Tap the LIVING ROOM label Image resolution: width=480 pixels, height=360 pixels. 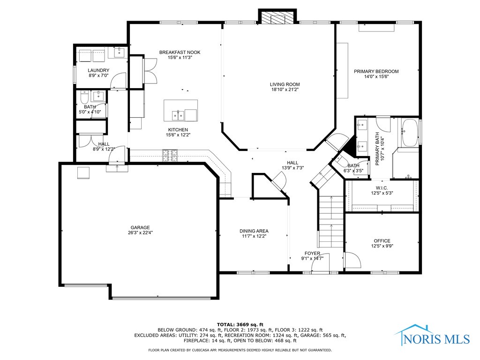tap(285, 84)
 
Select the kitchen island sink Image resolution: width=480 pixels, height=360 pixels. tap(178, 115)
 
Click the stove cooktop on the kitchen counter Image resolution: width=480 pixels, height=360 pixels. tap(170, 155)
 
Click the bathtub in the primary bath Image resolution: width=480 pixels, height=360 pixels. tap(410, 133)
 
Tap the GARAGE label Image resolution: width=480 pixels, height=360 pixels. tap(140, 227)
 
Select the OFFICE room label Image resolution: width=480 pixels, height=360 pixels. tap(382, 240)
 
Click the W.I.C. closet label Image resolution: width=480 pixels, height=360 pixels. tap(382, 188)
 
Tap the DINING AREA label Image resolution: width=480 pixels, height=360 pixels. tap(254, 231)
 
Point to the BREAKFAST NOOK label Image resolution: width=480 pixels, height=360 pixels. tap(180, 52)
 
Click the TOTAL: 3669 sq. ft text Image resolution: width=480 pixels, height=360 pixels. tap(240, 324)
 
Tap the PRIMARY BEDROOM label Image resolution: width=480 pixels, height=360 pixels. tap(376, 71)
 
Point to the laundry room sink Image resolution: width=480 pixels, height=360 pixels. tap(120, 52)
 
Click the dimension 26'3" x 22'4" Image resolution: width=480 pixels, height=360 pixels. tap(140, 232)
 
